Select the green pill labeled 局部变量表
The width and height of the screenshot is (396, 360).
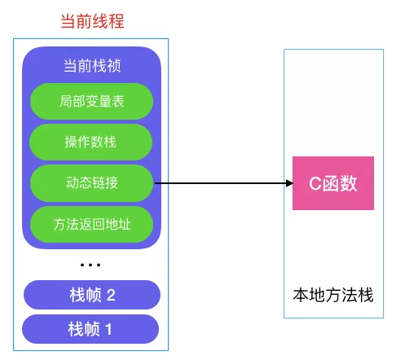[x=91, y=102]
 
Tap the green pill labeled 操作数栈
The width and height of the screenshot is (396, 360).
[x=91, y=143]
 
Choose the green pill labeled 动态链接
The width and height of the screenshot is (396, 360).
[x=91, y=183]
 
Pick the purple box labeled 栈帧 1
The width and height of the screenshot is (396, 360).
[x=91, y=329]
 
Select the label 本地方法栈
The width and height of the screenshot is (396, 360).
[x=332, y=295]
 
